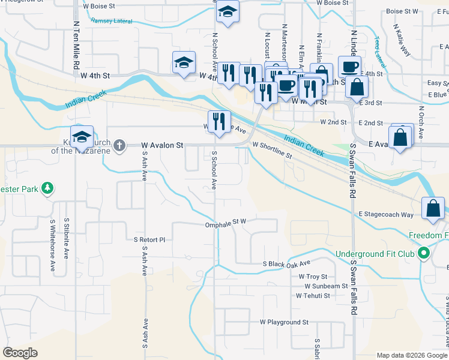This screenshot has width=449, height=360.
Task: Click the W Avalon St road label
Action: click(162, 145)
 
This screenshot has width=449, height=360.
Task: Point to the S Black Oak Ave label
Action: click(287, 263)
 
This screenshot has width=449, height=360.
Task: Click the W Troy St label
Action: click(313, 277)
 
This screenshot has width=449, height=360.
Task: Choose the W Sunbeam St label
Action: click(322, 286)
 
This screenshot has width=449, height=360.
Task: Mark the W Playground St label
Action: click(284, 322)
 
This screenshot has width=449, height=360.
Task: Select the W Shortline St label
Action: click(272, 150)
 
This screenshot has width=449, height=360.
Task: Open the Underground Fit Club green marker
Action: click(424, 254)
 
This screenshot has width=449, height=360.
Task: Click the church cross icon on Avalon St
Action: click(119, 145)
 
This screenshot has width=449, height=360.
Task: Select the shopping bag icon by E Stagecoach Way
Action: click(433, 209)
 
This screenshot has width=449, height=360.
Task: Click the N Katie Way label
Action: click(402, 40)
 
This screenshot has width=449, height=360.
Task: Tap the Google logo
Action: click(20, 353)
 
